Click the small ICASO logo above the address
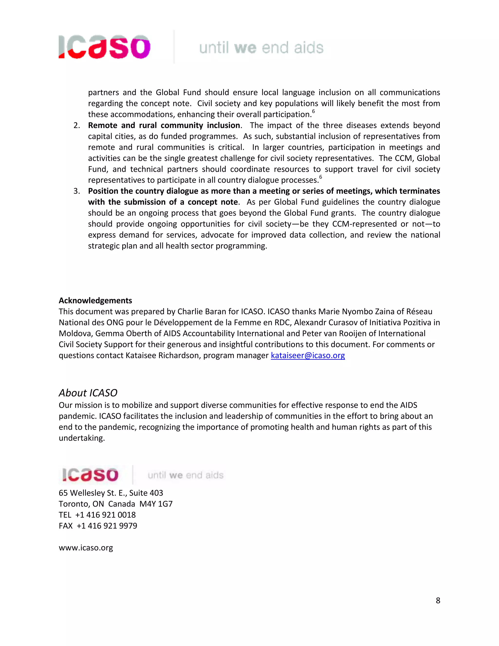pyautogui.click(x=90, y=475)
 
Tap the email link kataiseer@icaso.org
pyautogui.click(x=308, y=355)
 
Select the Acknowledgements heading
pyautogui.click(x=95, y=301)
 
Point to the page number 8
pyautogui.click(x=438, y=600)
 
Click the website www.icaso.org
pyautogui.click(x=86, y=548)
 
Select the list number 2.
pyautogui.click(x=76, y=125)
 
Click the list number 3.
pyautogui.click(x=76, y=191)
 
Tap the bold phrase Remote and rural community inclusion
pyautogui.click(x=164, y=125)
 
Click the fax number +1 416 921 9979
pyautogui.click(x=107, y=526)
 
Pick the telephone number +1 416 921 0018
pyautogui.click(x=106, y=515)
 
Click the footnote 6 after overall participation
pyautogui.click(x=314, y=111)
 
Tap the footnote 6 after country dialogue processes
pyautogui.click(x=320, y=177)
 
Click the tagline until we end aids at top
pyautogui.click(x=261, y=48)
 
